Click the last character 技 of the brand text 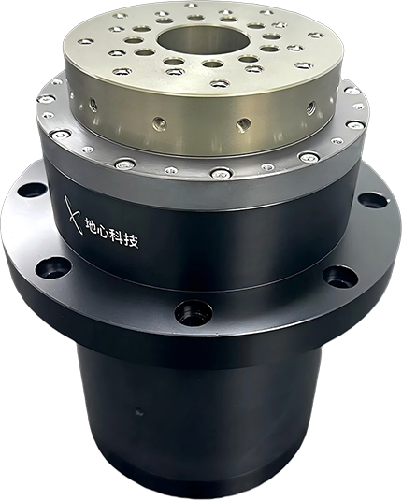click(132, 241)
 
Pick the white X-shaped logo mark click(72, 215)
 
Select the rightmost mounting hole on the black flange click(373, 201)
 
